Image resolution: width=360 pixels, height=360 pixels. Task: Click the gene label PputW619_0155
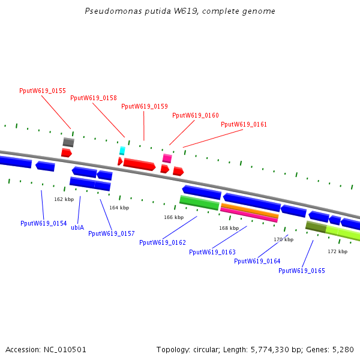tap(43, 91)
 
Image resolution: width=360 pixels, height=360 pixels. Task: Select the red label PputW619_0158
tap(94, 98)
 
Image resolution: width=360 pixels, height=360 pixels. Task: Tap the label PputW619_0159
tap(145, 106)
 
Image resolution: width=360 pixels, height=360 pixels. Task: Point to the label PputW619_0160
tap(196, 115)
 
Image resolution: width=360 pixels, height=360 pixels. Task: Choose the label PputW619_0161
tap(244, 124)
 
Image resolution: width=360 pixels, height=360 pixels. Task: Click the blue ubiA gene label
tap(77, 227)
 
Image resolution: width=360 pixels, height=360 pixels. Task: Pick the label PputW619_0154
tap(44, 223)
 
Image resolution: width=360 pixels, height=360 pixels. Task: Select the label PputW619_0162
tap(163, 242)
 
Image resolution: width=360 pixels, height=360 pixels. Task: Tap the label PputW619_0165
tap(302, 271)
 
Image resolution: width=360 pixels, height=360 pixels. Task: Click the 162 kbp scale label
tap(64, 199)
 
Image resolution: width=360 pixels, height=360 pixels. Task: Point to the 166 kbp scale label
tap(174, 217)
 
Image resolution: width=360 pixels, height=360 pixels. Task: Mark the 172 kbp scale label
tap(337, 251)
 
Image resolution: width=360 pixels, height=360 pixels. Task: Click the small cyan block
tap(122, 151)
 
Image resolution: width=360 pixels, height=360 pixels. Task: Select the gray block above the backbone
tap(68, 142)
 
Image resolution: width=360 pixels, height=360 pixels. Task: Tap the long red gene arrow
tap(139, 164)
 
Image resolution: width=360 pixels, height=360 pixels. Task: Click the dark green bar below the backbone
tap(316, 227)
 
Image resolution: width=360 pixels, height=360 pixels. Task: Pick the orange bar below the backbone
tap(250, 211)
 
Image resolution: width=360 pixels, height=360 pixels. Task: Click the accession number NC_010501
tap(65, 350)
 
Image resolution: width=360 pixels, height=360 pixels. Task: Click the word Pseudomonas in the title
tap(113, 11)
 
